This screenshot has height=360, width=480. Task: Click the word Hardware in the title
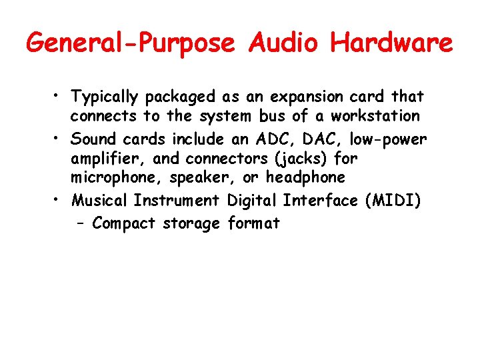pos(391,44)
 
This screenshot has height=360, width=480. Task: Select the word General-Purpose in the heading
pos(131,44)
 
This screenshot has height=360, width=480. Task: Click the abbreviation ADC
pos(271,139)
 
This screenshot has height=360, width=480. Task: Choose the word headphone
pos(305,177)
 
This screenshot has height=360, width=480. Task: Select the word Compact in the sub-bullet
pos(124,223)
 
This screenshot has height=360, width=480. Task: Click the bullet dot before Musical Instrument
pos(60,200)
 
